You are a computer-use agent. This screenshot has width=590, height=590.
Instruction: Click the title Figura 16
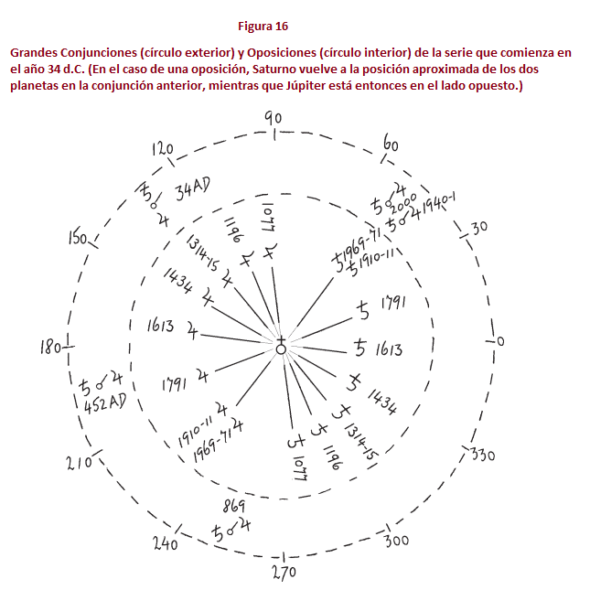click(x=263, y=25)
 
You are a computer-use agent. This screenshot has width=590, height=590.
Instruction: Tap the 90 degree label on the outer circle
click(x=273, y=117)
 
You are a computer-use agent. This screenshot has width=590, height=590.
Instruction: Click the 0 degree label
click(x=500, y=341)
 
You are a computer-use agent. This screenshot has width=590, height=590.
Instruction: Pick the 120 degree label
click(x=162, y=148)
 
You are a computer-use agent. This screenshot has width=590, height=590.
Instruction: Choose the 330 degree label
click(x=481, y=454)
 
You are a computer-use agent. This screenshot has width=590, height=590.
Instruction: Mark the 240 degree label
click(x=166, y=543)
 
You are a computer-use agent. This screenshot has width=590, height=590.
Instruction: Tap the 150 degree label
click(x=77, y=240)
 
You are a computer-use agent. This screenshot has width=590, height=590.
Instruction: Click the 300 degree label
click(x=396, y=541)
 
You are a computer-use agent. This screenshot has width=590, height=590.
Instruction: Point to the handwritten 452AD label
click(x=103, y=403)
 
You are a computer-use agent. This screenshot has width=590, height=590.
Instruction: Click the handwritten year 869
click(x=234, y=506)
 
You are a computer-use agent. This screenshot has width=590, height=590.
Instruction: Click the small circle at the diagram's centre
click(x=281, y=349)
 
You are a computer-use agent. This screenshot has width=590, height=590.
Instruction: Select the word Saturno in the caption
click(x=263, y=70)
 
